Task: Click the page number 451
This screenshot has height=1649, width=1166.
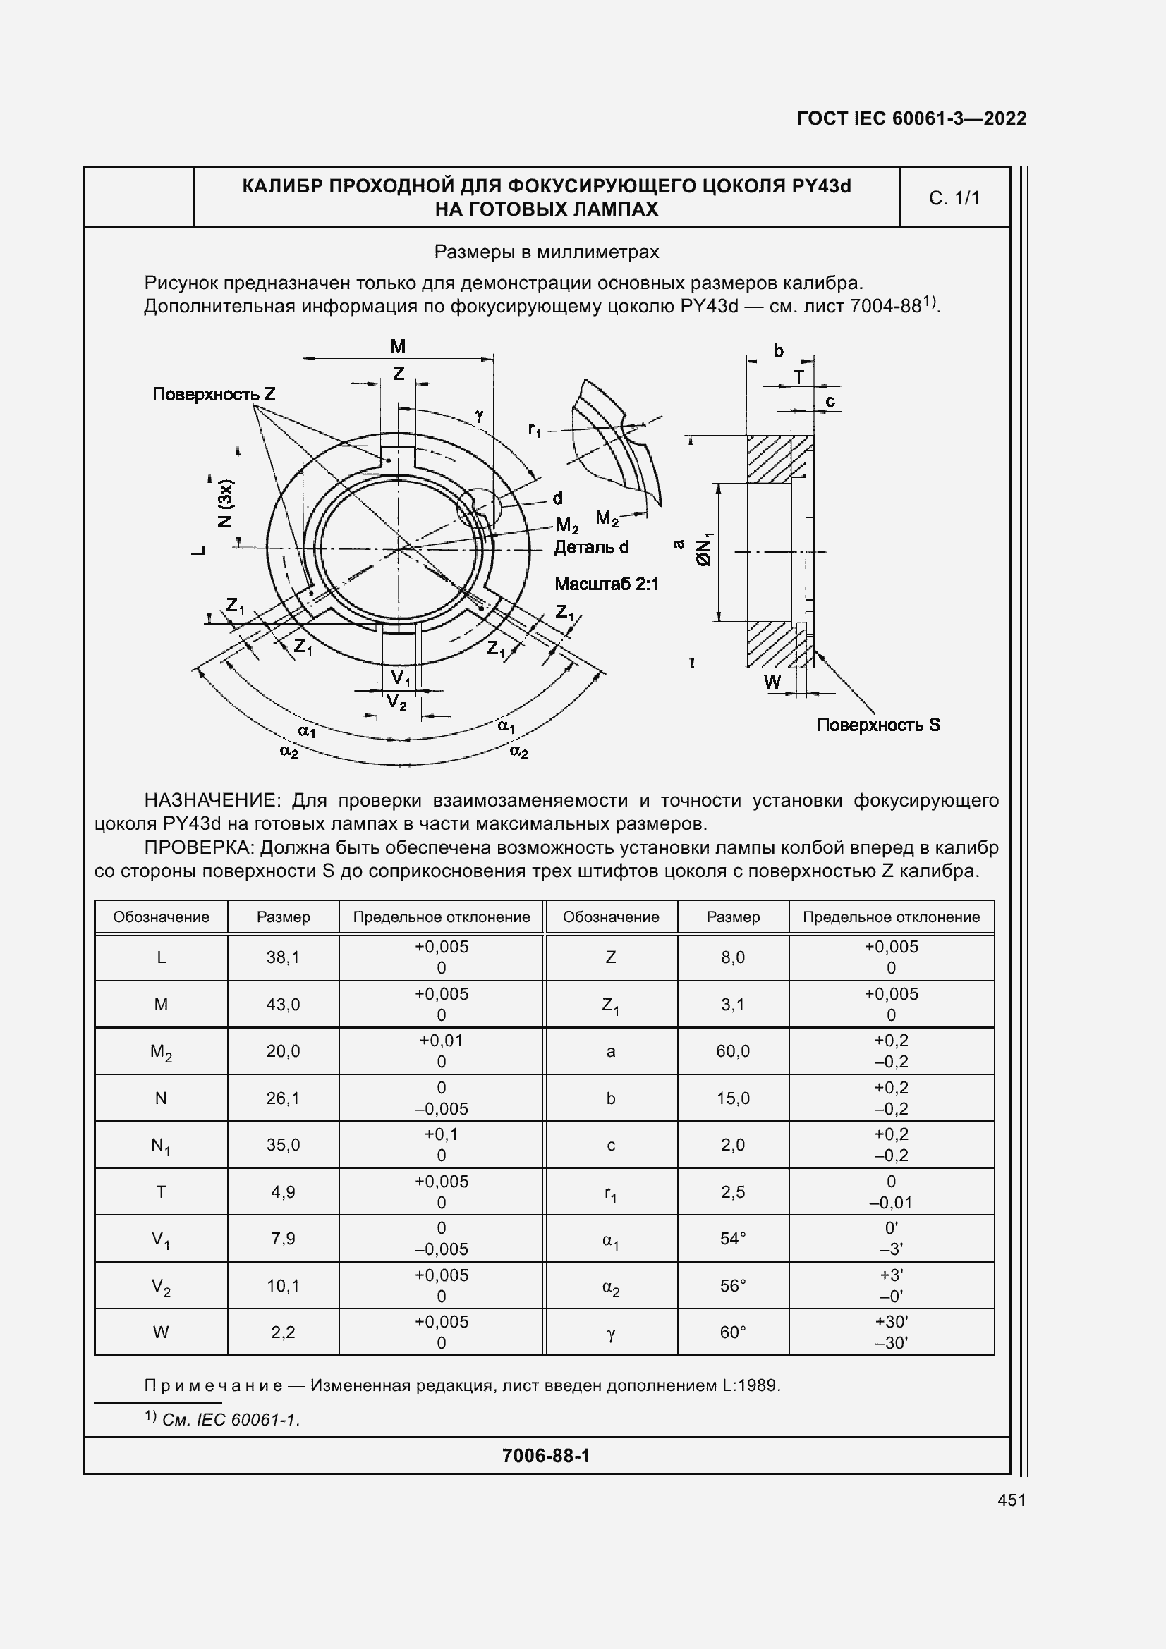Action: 1011,1500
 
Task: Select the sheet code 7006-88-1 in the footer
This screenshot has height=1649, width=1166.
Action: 546,1456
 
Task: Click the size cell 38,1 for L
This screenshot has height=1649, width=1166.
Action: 283,957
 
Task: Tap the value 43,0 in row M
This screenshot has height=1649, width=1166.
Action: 283,1004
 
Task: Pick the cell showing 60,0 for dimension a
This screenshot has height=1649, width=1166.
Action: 732,1051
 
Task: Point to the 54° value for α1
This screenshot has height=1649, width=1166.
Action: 732,1239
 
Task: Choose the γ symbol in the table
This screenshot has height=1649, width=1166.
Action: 611,1333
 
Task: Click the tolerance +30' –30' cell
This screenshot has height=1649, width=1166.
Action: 891,1333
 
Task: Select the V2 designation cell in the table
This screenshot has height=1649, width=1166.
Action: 161,1287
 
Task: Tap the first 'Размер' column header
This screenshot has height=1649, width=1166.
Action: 283,917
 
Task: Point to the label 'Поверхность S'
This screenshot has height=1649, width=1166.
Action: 878,725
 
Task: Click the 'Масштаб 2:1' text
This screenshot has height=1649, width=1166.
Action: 606,584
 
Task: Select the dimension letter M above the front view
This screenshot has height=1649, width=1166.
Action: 398,347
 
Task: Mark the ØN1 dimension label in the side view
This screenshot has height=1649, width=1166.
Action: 705,549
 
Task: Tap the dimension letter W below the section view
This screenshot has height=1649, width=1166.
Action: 772,682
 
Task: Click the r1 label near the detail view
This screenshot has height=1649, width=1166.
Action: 535,430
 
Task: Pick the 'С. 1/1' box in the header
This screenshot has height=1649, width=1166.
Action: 954,198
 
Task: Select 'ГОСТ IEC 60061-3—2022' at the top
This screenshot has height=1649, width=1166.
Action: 911,118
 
